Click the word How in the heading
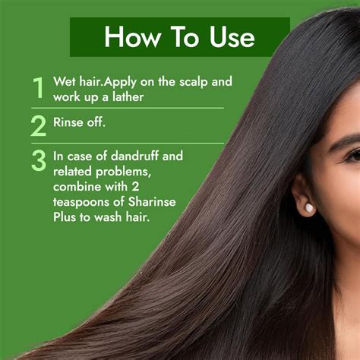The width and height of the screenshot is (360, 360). point(132,36)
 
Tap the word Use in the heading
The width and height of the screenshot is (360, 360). point(232,37)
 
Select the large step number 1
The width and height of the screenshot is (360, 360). point(39,87)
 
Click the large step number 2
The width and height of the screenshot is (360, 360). point(39,126)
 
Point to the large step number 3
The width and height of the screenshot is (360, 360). point(39,160)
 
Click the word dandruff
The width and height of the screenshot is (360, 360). point(134,156)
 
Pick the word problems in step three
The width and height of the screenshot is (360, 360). point(123,172)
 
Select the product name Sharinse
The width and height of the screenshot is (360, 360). point(152,201)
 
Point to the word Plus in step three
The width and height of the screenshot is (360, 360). point(65,217)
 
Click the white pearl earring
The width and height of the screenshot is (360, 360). point(309,209)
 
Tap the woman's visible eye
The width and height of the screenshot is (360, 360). point(355,155)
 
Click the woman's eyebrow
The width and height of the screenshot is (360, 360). point(344,142)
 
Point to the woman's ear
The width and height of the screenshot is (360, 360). point(302,195)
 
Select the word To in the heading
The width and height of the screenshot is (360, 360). point(184,36)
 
